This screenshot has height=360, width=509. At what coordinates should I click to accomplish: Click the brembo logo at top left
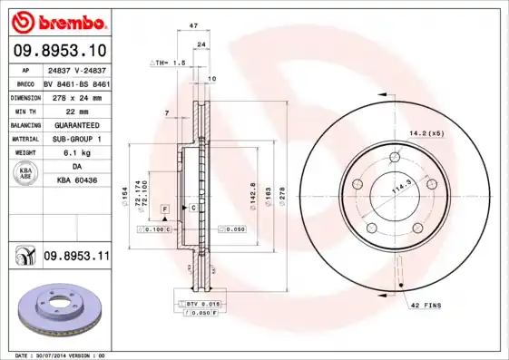(x=60, y=21)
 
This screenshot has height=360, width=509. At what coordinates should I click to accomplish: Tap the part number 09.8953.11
(x=75, y=258)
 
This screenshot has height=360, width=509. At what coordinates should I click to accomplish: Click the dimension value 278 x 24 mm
(x=76, y=96)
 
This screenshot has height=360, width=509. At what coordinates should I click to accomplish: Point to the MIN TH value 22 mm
(x=76, y=110)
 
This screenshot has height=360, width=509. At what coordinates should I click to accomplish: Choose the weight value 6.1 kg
(x=76, y=153)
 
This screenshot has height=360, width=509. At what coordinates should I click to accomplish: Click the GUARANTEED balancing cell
(x=76, y=124)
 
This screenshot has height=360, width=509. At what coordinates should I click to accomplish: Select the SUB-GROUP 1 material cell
(x=76, y=139)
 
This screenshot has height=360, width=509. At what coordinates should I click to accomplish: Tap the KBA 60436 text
(x=76, y=181)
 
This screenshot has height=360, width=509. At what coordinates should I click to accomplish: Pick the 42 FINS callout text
(x=426, y=306)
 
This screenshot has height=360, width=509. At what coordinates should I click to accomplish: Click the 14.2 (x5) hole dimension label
(x=425, y=134)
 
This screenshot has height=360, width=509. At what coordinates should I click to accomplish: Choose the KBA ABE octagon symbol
(x=27, y=174)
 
